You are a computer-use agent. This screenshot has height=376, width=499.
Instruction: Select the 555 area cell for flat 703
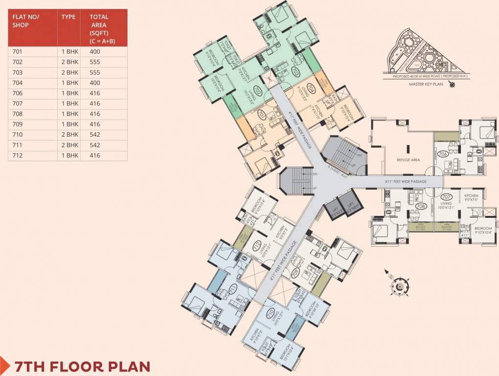point(95,72)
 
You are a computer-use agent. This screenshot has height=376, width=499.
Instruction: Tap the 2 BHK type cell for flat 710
point(69,135)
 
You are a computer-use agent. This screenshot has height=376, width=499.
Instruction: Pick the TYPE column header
point(68,17)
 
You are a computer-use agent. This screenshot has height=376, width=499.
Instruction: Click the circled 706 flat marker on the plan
point(443,154)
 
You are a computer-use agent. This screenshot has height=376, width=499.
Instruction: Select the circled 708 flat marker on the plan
point(420,206)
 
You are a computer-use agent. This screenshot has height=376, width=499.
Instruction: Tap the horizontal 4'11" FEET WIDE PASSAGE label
point(406,182)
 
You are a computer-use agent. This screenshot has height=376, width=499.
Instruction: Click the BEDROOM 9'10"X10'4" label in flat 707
point(482,231)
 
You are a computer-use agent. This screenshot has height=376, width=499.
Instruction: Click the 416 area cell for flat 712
point(95,155)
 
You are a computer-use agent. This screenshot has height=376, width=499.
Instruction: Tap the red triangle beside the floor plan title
point(4,365)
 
